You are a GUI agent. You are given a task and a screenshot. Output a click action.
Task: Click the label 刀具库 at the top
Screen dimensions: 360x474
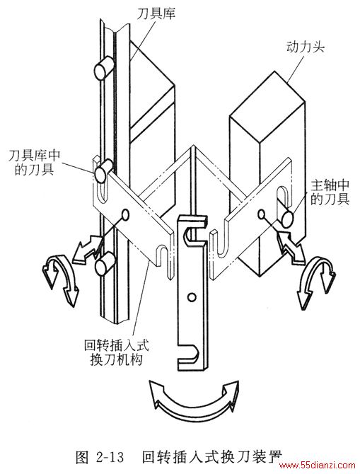click(156, 14)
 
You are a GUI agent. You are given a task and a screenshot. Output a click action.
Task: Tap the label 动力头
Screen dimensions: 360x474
click(306, 47)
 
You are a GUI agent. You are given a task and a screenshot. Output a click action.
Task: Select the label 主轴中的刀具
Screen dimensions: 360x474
click(330, 192)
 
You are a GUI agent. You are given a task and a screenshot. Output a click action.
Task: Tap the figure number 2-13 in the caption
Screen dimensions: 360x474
click(110, 457)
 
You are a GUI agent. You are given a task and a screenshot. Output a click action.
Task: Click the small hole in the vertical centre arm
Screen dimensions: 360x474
click(191, 297)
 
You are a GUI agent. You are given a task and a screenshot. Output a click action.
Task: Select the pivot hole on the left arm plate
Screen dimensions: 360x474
click(125, 214)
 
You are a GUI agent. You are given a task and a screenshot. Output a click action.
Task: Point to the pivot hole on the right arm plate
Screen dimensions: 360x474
click(262, 214)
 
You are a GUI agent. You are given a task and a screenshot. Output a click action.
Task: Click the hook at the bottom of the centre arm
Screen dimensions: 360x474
click(190, 357)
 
